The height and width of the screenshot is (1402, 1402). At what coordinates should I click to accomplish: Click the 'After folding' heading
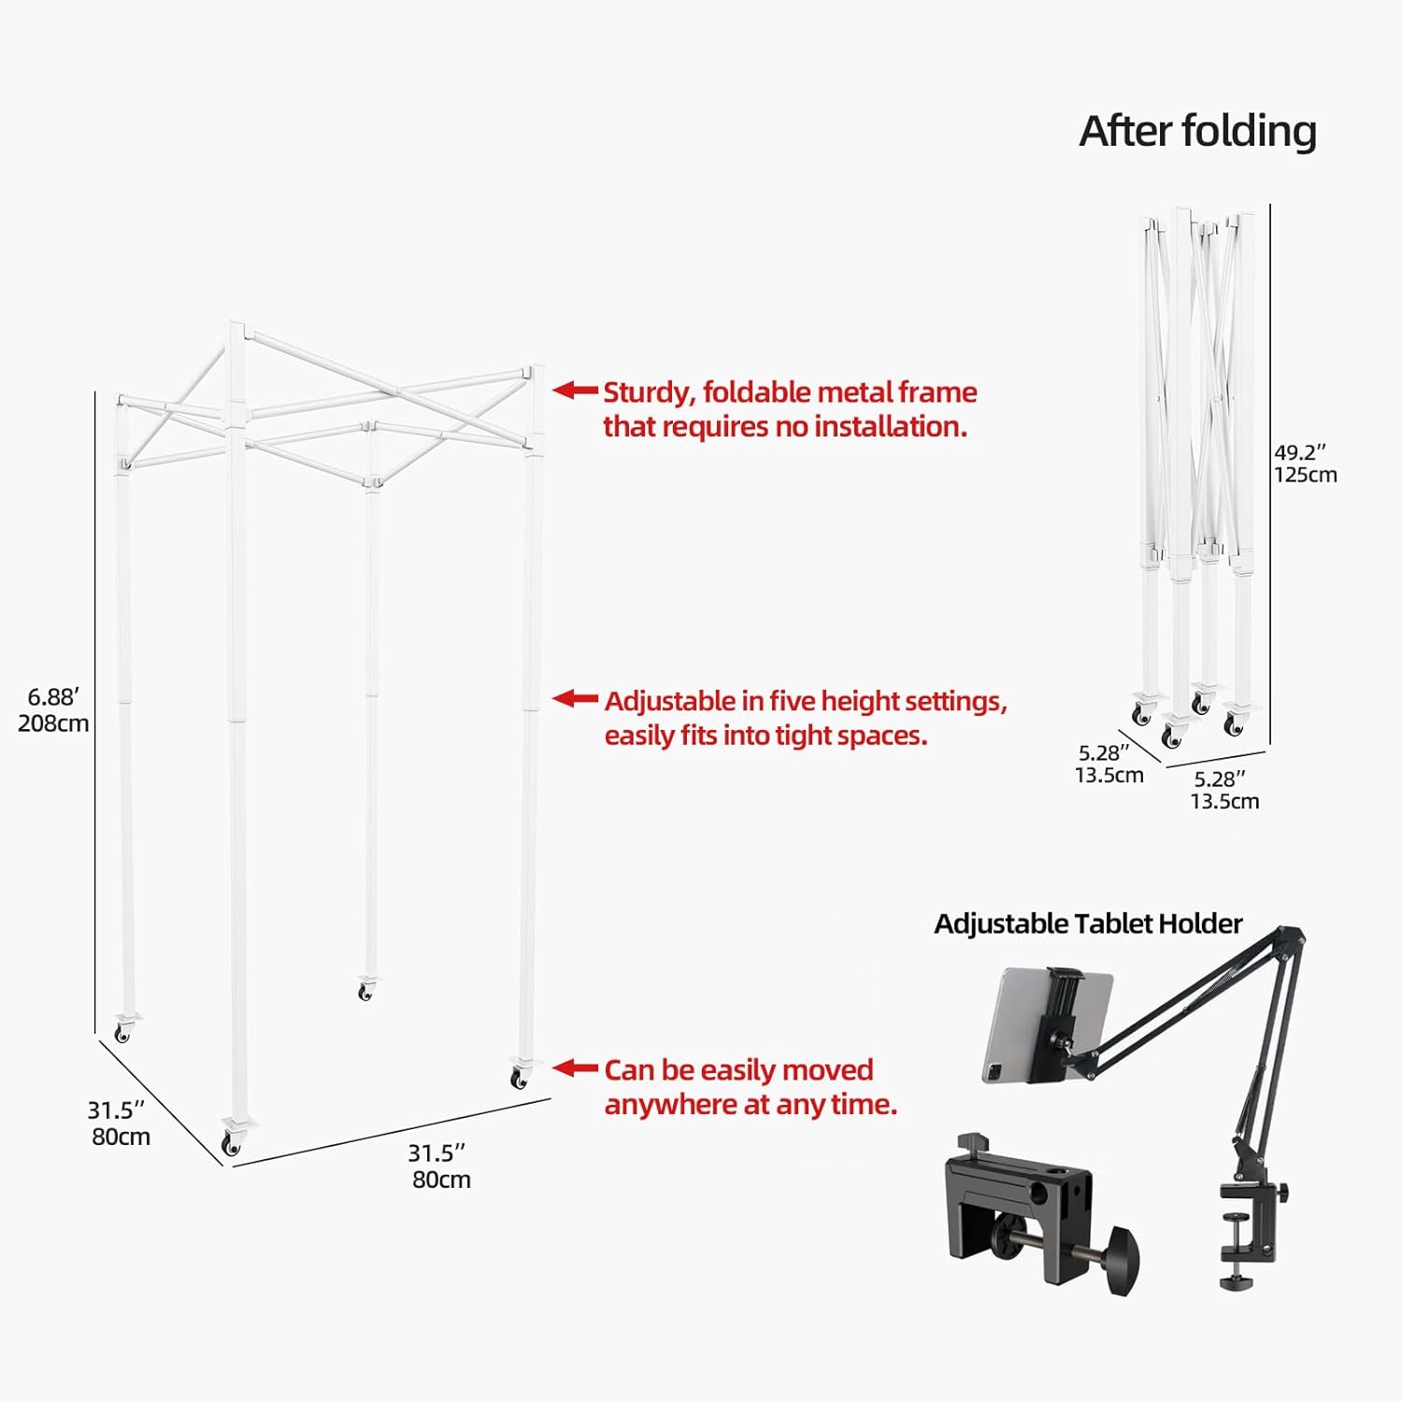click(x=1197, y=131)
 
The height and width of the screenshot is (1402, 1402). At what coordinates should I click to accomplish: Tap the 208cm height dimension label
click(x=53, y=723)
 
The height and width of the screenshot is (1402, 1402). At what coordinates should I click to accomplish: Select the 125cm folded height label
click(x=1305, y=475)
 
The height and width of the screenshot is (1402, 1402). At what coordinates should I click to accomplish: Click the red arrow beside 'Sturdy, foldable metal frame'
click(x=575, y=391)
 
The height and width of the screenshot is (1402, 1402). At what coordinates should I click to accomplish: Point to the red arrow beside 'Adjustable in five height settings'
click(x=575, y=698)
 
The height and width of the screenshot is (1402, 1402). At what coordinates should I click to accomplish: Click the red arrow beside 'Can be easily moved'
click(x=575, y=1067)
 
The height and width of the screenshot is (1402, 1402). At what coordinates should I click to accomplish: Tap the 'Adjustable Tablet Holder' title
click(x=1088, y=923)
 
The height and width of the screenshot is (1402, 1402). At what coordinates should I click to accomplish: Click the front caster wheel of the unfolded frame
click(x=230, y=1143)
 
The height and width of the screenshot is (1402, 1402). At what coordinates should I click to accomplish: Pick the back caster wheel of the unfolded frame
click(x=365, y=992)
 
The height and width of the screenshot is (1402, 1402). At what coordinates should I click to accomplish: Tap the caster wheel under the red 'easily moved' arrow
click(x=519, y=1079)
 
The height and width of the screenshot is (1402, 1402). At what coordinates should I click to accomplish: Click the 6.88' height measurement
click(x=53, y=697)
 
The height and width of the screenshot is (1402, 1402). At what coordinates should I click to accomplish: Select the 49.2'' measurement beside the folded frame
click(x=1300, y=452)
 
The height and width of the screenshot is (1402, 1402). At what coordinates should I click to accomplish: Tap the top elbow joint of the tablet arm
click(x=1293, y=936)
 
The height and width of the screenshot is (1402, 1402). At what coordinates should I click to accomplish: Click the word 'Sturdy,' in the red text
click(x=649, y=393)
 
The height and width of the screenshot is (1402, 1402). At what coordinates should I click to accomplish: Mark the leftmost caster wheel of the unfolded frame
click(x=122, y=1032)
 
